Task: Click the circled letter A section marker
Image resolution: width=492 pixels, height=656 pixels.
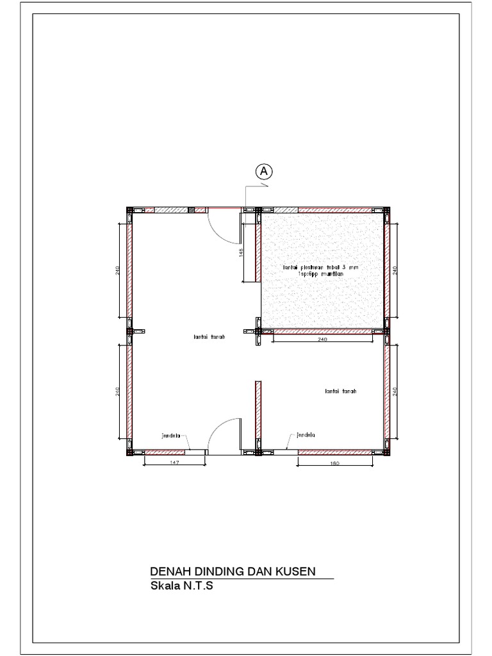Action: coord(263,171)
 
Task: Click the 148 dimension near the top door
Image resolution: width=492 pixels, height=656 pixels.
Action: coord(241,252)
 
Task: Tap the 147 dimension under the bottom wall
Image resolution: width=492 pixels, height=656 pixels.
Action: coord(173,462)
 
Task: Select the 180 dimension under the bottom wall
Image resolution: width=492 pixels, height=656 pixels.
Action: coord(335,462)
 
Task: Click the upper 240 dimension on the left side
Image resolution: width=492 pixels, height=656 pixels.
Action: coord(118,270)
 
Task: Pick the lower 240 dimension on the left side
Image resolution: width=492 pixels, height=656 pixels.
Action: coord(118,392)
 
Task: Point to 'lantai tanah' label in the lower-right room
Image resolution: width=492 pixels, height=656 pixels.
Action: coord(340,390)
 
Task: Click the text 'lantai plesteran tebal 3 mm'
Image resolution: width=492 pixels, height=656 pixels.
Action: coord(321,266)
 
